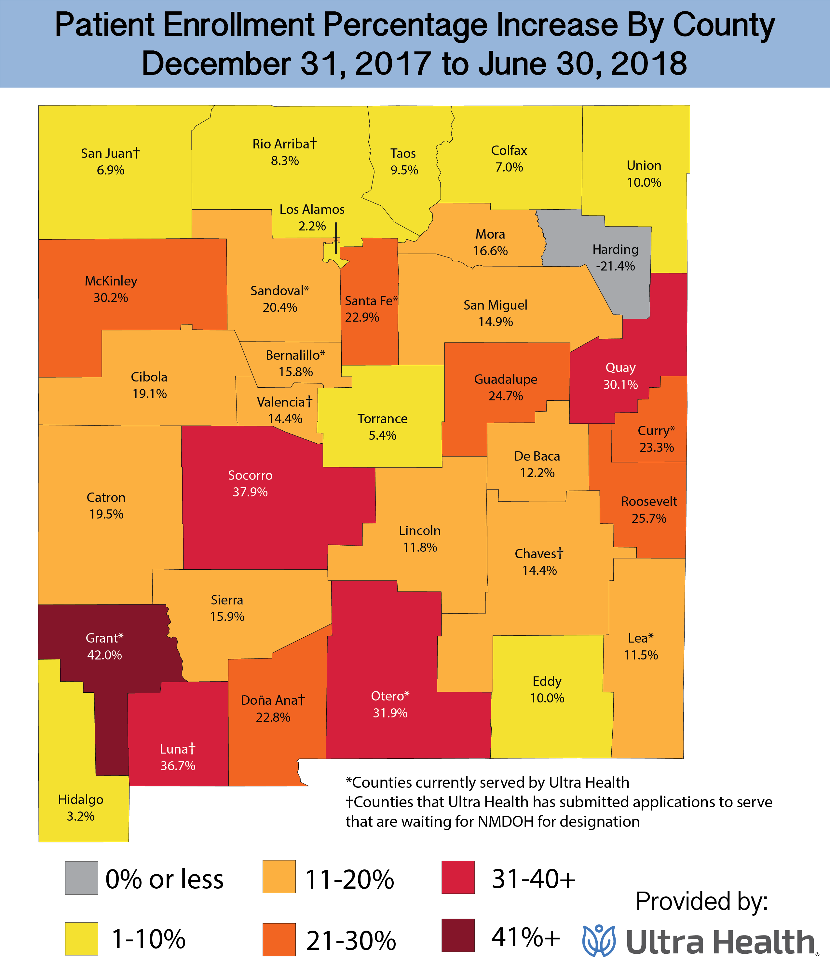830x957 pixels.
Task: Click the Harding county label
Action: pos(615,250)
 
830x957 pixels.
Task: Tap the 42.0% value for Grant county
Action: pos(105,655)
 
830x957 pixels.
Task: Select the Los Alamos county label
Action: pos(312,210)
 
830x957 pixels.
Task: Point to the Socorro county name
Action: pos(250,476)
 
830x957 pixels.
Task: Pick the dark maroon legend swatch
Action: pos(458,935)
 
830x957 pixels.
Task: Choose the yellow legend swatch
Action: pos(82,938)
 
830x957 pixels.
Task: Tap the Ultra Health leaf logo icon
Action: pos(599,940)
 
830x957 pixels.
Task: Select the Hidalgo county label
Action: pos(81,799)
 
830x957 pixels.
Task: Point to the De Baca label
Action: pos(537,456)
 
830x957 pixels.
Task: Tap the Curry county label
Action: pos(656,431)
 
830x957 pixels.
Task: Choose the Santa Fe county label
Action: pos(371,301)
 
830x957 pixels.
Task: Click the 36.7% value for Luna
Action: pos(178,766)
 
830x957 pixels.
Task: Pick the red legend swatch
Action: pos(458,877)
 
